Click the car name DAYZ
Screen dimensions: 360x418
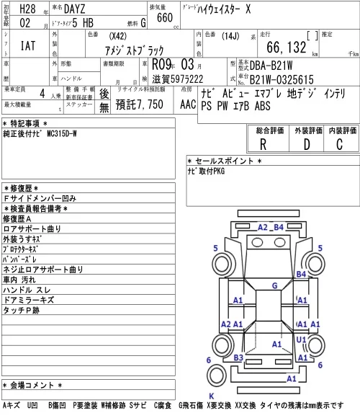[75, 9]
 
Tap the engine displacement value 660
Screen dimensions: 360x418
[165, 18]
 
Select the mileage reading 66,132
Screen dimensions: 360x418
[287, 47]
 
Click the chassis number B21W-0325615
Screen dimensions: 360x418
[282, 79]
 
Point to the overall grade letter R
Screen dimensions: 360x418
[263, 145]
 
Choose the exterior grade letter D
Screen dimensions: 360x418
[307, 145]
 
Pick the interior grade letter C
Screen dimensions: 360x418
[340, 145]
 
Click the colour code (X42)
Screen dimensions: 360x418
[117, 36]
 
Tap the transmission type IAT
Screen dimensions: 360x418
[28, 45]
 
